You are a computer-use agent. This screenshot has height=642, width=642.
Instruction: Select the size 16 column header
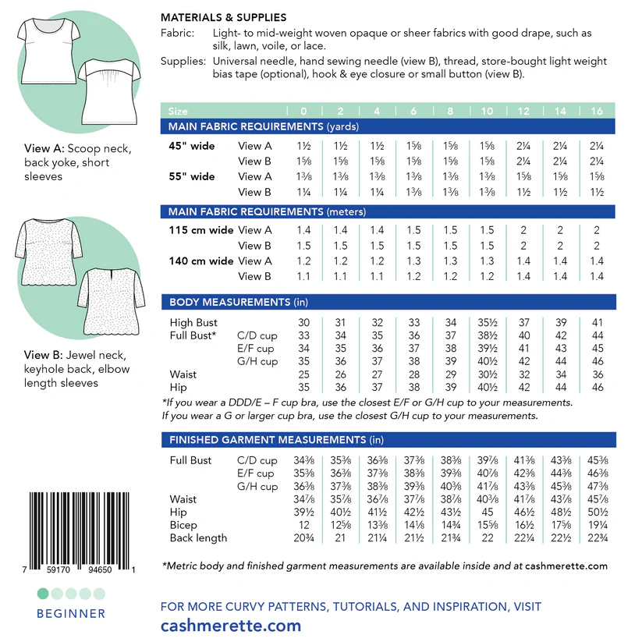(x=597, y=112)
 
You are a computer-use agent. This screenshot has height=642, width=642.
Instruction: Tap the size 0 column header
(x=303, y=112)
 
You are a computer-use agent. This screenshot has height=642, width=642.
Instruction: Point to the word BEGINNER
(x=70, y=614)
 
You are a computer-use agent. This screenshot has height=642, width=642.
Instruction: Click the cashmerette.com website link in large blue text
(x=230, y=626)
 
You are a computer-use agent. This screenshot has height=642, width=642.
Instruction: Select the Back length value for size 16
(x=597, y=538)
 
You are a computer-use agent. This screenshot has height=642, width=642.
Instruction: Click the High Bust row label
(x=193, y=322)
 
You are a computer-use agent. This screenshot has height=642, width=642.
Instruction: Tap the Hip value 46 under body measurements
(x=597, y=387)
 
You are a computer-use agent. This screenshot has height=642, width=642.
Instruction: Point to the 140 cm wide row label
(x=200, y=261)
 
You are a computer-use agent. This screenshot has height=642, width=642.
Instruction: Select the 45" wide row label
(x=192, y=146)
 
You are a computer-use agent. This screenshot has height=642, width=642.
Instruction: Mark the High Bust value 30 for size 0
(x=303, y=322)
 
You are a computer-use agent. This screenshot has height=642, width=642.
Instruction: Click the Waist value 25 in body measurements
(x=303, y=374)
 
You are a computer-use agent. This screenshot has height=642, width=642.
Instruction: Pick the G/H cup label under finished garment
(x=257, y=487)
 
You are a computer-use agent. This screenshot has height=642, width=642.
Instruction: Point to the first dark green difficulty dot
(x=43, y=594)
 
